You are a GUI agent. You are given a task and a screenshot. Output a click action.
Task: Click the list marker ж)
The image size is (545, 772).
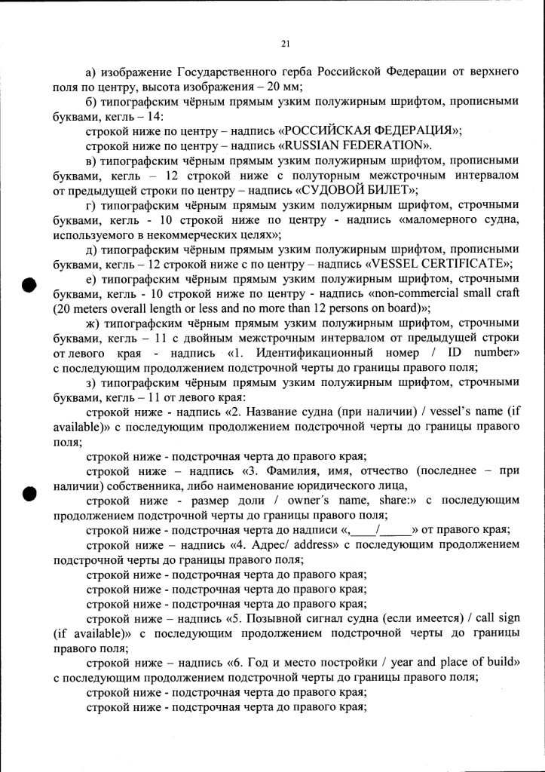click(x=93, y=323)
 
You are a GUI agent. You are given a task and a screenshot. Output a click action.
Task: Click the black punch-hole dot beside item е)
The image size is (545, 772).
click(x=29, y=284)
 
